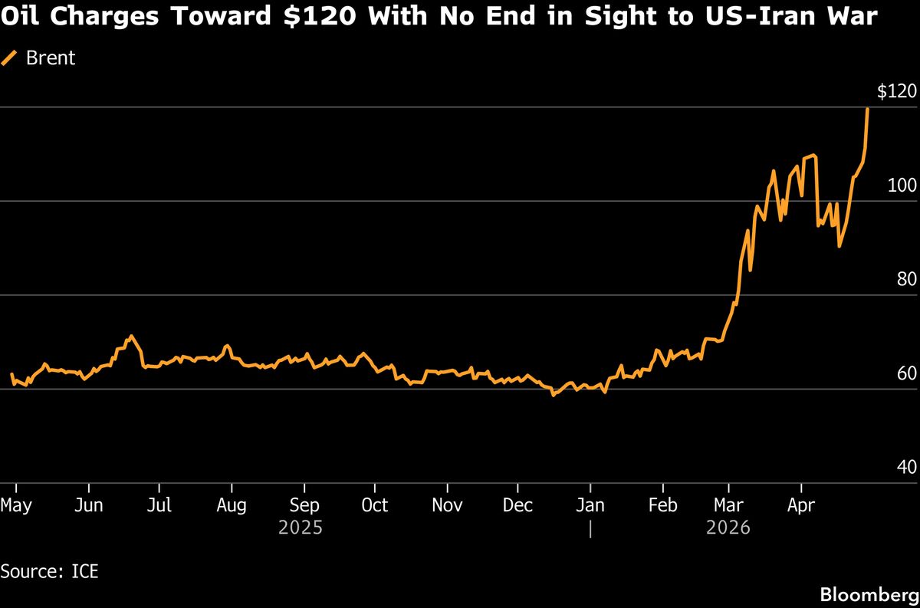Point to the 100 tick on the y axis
tap(903, 186)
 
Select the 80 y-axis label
tap(906, 280)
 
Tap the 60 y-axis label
tap(906, 373)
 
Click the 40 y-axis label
tap(906, 467)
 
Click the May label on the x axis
tap(16, 506)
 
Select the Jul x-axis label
tap(159, 506)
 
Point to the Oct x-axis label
tap(374, 506)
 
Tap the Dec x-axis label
tap(517, 506)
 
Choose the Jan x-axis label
tap(590, 506)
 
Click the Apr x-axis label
tap(801, 506)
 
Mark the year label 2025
tap(300, 528)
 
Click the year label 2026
tap(728, 528)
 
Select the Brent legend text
tap(51, 58)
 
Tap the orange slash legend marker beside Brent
tap(10, 58)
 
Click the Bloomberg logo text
tap(869, 594)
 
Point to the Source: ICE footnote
tap(50, 571)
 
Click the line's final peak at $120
tap(867, 109)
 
